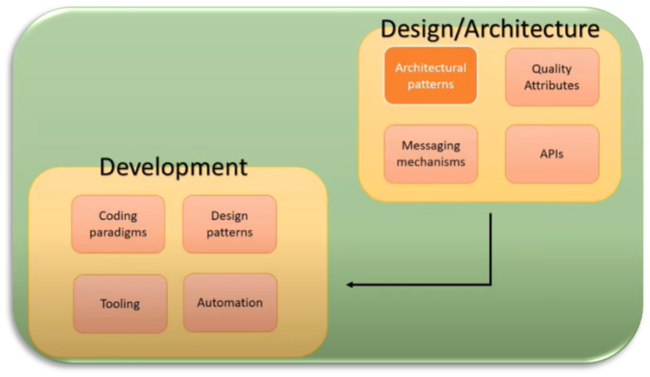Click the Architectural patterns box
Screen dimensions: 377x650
point(430,75)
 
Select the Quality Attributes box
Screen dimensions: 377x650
point(552,77)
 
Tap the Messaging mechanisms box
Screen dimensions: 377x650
point(430,153)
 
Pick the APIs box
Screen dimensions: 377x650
point(552,153)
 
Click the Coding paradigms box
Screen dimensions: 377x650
point(118,224)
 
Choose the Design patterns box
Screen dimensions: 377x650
point(229,224)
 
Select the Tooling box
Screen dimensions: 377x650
point(120,304)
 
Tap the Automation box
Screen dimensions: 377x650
point(229,303)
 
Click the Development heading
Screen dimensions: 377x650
point(173,168)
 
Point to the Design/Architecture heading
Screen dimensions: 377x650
point(489,30)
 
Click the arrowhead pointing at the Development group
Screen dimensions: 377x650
point(350,284)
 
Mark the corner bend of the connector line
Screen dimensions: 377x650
point(490,284)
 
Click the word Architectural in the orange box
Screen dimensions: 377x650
point(430,68)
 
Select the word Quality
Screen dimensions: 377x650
point(552,69)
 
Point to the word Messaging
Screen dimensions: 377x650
point(430,145)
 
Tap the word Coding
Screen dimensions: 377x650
point(118,216)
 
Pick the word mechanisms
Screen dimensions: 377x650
point(430,161)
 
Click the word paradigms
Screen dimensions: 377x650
point(118,232)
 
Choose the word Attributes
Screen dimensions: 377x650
point(552,85)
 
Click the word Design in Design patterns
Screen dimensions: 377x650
point(229,216)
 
